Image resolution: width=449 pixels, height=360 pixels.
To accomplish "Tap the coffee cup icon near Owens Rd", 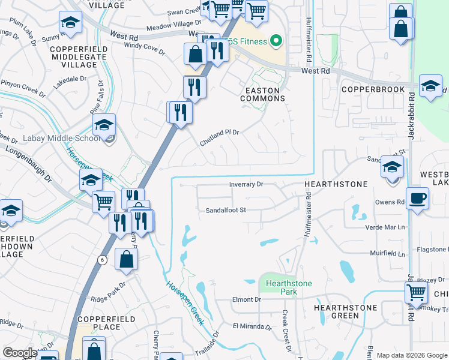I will (417, 197).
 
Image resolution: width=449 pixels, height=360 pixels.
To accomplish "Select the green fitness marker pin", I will (276, 41).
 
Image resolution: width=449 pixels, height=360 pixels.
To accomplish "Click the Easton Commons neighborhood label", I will (262, 94).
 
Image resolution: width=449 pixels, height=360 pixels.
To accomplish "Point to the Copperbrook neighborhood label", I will (373, 89).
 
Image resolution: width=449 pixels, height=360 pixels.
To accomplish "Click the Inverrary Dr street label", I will (247, 185).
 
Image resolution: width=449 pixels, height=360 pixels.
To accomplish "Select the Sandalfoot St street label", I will (226, 211).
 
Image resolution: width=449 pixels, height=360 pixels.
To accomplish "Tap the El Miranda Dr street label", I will (248, 326).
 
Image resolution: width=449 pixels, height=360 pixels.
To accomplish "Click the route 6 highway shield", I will (102, 259).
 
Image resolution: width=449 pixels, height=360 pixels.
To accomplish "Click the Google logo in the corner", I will (20, 353).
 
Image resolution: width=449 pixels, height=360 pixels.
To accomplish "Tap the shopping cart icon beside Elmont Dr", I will (416, 293).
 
